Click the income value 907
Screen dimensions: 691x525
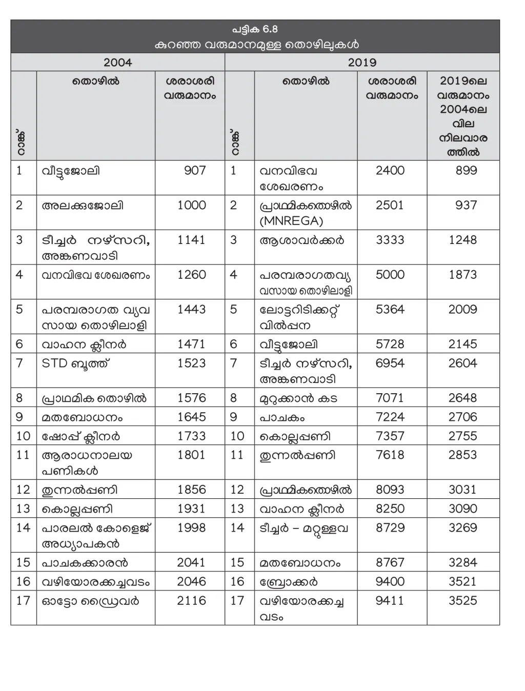coord(195,170)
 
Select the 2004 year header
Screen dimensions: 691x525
coord(117,63)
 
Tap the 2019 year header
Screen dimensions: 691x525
coord(362,63)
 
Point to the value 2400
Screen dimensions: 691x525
coord(390,170)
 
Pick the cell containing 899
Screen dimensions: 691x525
coord(466,170)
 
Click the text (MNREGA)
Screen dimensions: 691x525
coord(291,221)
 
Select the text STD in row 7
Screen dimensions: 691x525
coord(54,363)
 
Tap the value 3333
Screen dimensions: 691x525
coord(390,240)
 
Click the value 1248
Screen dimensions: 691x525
coord(462,240)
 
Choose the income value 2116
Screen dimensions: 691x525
coord(191,600)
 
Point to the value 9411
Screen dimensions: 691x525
coord(390,600)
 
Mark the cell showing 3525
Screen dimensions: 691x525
coord(462,600)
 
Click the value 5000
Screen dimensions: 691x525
coord(390,274)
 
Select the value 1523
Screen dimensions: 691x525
coord(191,363)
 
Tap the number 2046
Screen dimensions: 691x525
coord(191,581)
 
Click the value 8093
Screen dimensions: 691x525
coord(390,490)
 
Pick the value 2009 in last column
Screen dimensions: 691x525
coord(462,309)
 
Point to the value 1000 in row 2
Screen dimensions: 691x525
coord(191,205)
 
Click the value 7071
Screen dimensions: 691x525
coord(390,398)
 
